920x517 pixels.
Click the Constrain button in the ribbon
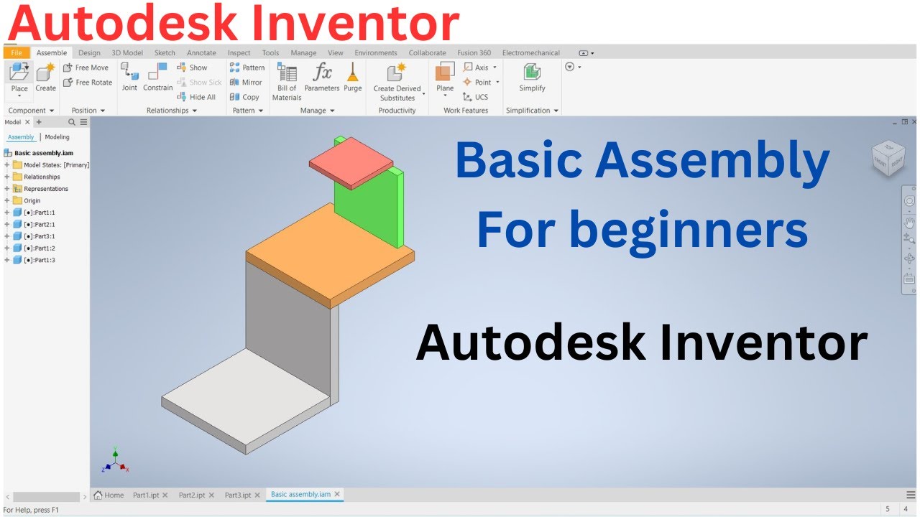click(157, 77)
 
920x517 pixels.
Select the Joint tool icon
click(129, 77)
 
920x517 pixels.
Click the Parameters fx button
click(321, 77)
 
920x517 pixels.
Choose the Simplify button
click(532, 77)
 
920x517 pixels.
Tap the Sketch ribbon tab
click(165, 52)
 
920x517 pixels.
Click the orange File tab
click(17, 52)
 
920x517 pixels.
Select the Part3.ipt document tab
click(238, 495)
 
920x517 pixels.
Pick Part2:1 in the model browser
click(39, 224)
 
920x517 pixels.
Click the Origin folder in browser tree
click(32, 200)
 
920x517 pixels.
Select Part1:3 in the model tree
click(39, 260)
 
